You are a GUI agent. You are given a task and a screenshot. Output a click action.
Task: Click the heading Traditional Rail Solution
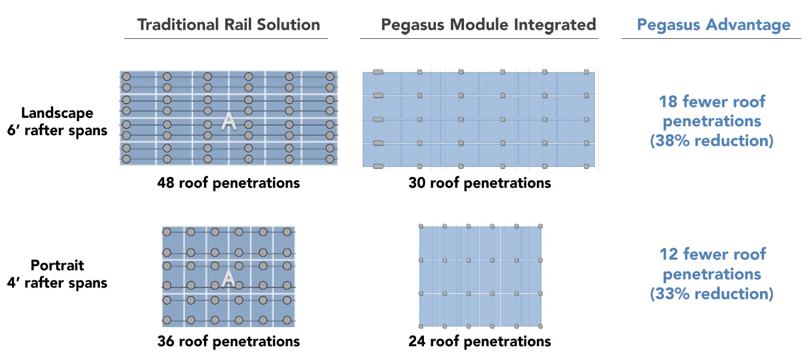(x=228, y=25)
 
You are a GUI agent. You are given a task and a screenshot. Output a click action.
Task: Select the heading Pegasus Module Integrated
(x=489, y=25)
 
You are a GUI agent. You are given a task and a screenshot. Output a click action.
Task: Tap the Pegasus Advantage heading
(x=713, y=25)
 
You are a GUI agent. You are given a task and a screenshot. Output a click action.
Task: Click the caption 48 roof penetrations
(x=228, y=183)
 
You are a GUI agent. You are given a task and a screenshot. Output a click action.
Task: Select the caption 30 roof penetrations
(x=480, y=183)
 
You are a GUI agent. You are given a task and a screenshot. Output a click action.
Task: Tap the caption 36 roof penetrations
(x=228, y=341)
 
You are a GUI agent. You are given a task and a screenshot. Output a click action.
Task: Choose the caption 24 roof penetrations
(x=480, y=341)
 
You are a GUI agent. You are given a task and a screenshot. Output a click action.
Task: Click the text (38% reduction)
(x=712, y=141)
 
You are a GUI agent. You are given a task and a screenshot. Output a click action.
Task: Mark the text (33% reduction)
(x=712, y=294)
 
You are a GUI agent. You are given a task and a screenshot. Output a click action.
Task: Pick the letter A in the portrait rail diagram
(x=228, y=278)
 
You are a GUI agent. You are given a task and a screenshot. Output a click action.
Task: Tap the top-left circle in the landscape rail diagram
(x=126, y=77)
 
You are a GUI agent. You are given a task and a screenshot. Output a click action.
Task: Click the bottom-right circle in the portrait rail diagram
(x=287, y=321)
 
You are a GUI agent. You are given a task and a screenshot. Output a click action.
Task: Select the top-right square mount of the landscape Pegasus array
(x=587, y=72)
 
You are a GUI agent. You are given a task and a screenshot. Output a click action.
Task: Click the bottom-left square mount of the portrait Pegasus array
(x=421, y=327)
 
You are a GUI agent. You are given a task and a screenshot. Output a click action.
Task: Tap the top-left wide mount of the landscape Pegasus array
(x=378, y=72)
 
